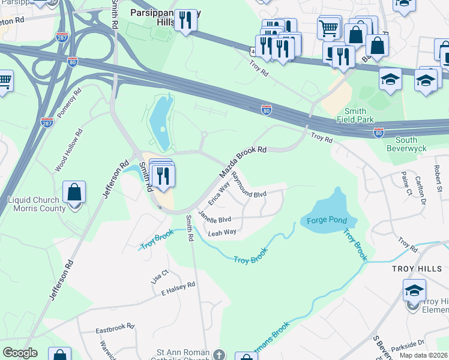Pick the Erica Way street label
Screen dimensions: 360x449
[x=219, y=194]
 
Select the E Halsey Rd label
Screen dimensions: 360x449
[x=178, y=289]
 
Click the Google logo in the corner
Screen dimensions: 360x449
[x=20, y=353]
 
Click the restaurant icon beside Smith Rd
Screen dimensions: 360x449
[x=163, y=175]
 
